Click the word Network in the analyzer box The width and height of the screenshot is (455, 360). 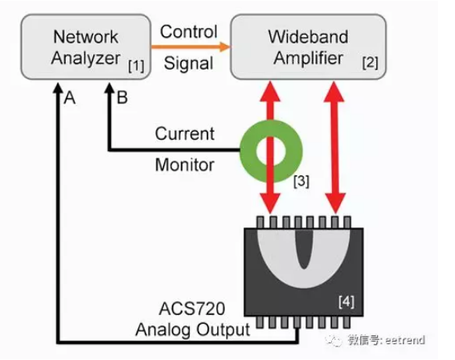click(x=86, y=37)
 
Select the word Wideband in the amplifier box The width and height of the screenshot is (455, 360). click(x=308, y=37)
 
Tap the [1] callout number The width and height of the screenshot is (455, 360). click(x=136, y=66)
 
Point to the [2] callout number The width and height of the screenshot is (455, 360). click(x=370, y=63)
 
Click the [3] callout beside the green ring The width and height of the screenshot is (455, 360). click(x=301, y=182)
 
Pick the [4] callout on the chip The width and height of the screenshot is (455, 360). click(x=346, y=301)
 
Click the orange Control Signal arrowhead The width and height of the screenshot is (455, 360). click(x=224, y=47)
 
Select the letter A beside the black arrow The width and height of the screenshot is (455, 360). click(x=70, y=98)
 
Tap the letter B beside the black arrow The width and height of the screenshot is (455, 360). click(x=122, y=97)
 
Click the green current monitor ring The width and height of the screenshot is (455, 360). click(x=248, y=151)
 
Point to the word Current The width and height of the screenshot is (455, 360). click(x=185, y=133)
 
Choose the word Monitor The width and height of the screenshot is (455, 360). click(x=185, y=165)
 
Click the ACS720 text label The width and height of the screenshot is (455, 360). click(x=192, y=309)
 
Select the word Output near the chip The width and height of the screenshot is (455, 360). click(x=223, y=329)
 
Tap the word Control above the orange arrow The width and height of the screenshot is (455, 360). click(x=189, y=31)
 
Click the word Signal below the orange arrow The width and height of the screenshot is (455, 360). click(x=189, y=63)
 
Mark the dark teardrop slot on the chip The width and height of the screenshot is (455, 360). click(x=304, y=249)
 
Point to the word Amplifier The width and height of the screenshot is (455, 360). click(x=308, y=58)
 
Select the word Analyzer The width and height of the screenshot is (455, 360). click(x=86, y=59)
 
